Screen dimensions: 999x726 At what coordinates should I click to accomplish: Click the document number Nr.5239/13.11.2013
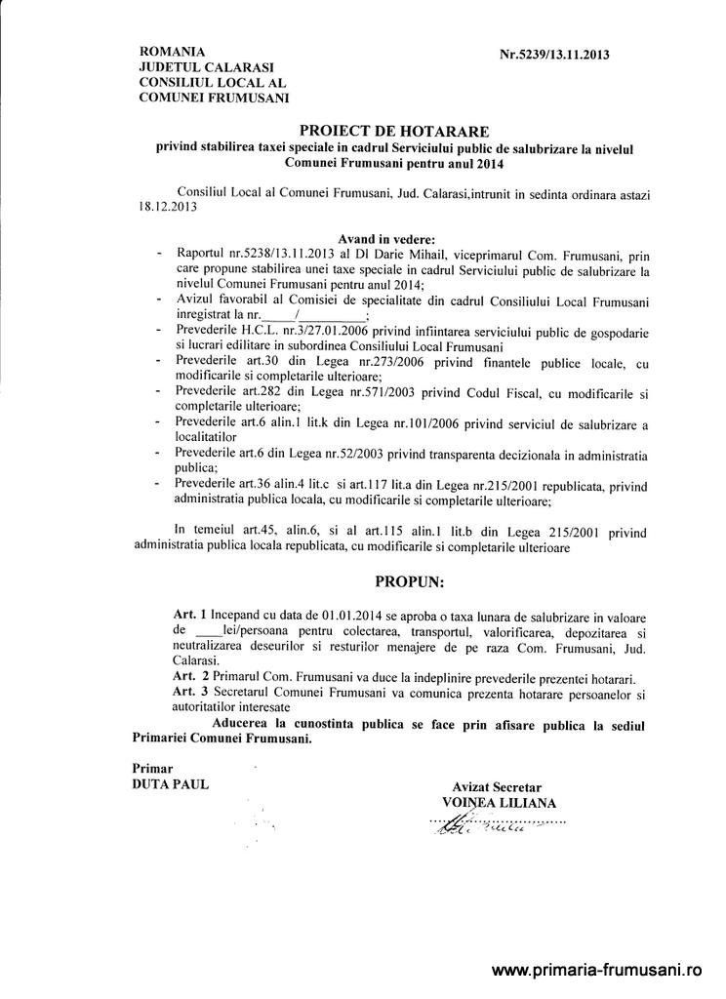(554, 56)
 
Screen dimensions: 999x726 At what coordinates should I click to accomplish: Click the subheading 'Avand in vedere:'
(387, 238)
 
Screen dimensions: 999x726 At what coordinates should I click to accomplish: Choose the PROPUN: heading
(409, 582)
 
